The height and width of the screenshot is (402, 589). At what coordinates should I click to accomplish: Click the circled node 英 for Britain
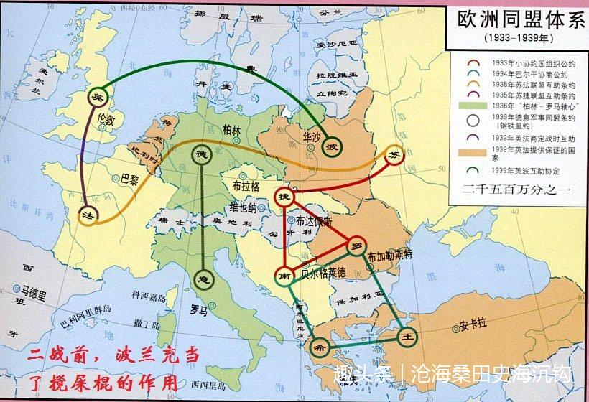[x=97, y=97]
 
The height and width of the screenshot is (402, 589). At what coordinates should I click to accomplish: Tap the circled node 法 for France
[x=87, y=215]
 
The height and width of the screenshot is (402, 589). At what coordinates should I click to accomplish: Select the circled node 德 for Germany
[x=201, y=155]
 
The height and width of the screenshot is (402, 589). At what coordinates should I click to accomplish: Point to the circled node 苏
[x=394, y=156]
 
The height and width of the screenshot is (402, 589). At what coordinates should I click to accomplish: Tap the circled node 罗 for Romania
[x=354, y=246]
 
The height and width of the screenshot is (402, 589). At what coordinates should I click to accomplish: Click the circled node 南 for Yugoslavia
[x=285, y=274]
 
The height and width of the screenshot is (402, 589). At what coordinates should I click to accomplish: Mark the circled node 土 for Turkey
[x=407, y=336]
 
